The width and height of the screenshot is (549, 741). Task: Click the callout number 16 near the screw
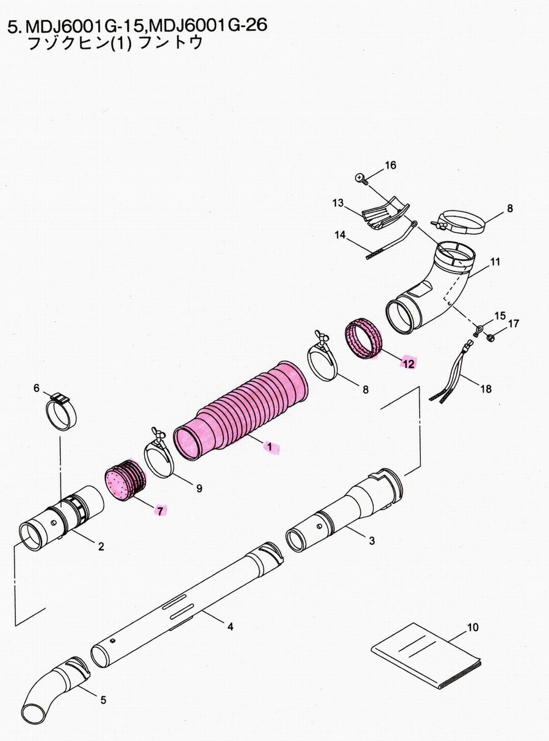pyautogui.click(x=390, y=165)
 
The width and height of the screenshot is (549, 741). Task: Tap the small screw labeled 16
pyautogui.click(x=360, y=178)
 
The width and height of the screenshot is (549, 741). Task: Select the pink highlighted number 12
pyautogui.click(x=407, y=363)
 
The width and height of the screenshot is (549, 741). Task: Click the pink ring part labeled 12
pyautogui.click(x=364, y=339)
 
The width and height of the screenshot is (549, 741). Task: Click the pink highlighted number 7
pyautogui.click(x=159, y=511)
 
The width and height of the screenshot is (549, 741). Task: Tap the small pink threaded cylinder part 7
pyautogui.click(x=126, y=483)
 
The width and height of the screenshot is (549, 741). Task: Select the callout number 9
pyautogui.click(x=199, y=487)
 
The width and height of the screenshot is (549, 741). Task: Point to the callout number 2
pyautogui.click(x=101, y=546)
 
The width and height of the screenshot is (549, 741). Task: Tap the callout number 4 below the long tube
pyautogui.click(x=230, y=626)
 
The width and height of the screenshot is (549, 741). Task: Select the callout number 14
pyautogui.click(x=340, y=233)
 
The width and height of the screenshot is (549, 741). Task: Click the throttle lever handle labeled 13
pyautogui.click(x=383, y=214)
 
